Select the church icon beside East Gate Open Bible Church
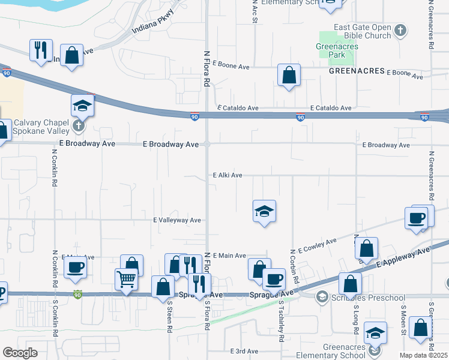coord(400,28)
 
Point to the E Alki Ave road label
coord(228,175)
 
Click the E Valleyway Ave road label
coord(177,220)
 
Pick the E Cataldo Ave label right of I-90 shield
coord(331,108)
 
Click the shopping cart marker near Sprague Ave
coord(126,278)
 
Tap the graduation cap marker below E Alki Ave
coord(264,211)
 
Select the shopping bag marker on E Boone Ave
coord(289,76)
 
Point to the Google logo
coord(20,353)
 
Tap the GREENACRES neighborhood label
coord(357,71)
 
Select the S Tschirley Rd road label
coord(281,323)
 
